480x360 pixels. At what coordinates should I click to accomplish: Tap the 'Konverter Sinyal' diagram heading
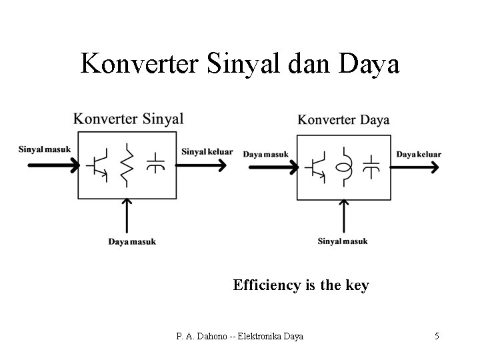[x=129, y=119]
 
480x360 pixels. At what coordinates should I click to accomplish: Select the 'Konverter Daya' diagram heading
[x=343, y=120]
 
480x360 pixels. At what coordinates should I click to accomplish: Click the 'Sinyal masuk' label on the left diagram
[x=45, y=149]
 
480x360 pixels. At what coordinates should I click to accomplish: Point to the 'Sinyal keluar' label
[x=207, y=151]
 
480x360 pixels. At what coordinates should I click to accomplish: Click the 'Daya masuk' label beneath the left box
[x=132, y=241]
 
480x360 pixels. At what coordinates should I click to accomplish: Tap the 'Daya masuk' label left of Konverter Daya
[x=266, y=154]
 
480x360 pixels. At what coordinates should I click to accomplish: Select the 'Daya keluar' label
[x=419, y=154]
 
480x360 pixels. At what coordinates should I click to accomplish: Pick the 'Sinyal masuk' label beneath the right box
[x=343, y=241]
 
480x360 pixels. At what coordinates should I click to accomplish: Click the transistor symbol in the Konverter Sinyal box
[x=99, y=165]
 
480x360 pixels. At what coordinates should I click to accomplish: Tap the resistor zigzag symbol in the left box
[x=127, y=165]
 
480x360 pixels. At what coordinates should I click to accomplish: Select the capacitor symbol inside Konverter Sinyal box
[x=155, y=163]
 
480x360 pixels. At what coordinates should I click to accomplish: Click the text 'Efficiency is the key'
[x=301, y=285]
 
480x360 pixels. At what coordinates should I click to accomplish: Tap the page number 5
[x=437, y=336]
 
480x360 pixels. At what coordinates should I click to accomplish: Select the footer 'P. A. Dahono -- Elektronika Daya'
[x=240, y=336]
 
